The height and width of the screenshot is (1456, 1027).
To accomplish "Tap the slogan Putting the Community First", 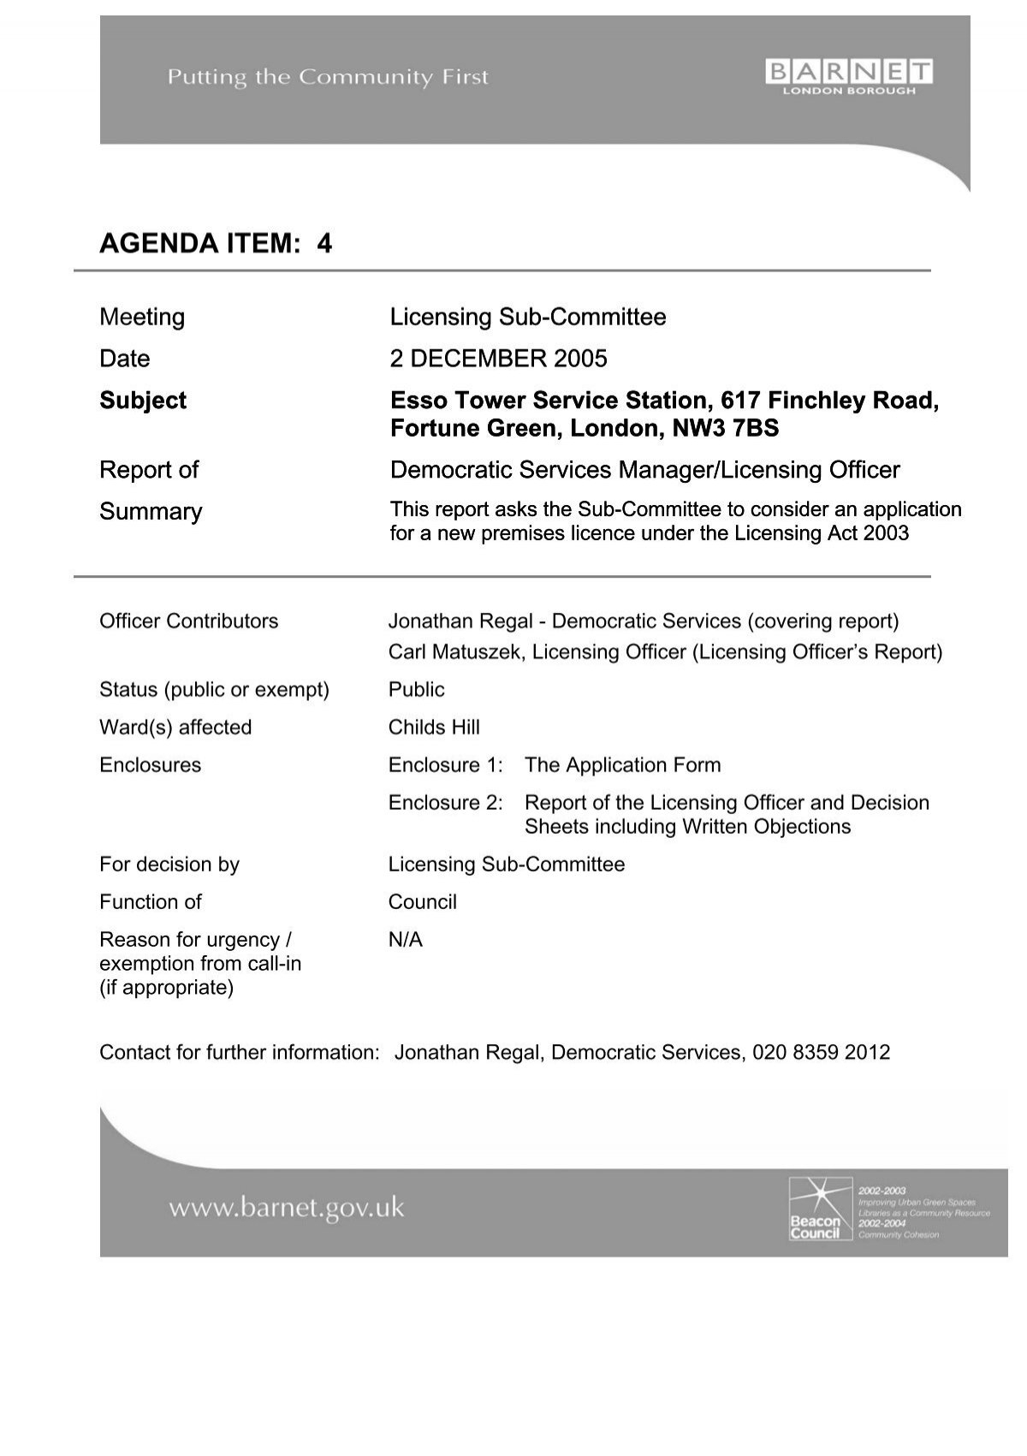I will pos(328,78).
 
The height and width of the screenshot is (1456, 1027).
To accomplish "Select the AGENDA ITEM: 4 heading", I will pos(216,244).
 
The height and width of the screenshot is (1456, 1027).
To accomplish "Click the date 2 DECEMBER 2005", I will pos(498,359).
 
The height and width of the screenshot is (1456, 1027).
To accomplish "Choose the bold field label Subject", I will pos(143,401).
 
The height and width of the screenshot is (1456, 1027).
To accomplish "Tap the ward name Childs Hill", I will pos(434,728).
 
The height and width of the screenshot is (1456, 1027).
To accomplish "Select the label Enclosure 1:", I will pos(445,765).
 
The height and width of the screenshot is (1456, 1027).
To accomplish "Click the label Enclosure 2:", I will pos(445,803).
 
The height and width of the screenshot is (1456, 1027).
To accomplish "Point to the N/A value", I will pos(406,940).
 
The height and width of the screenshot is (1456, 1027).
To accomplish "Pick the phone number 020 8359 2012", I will pos(822,1053).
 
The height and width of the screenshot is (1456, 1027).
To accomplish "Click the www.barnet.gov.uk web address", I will pos(286,1209).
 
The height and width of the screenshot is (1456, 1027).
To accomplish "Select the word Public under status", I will pos(416,690).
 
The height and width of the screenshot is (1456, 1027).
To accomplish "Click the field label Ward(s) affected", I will pos(175,728).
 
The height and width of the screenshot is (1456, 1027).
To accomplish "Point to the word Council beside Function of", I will pos(422,902).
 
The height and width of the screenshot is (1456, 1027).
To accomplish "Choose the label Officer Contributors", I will pos(188,621).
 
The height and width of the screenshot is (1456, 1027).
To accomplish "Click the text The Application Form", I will pos(622,765).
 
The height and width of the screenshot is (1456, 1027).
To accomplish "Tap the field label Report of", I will pos(149,470).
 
